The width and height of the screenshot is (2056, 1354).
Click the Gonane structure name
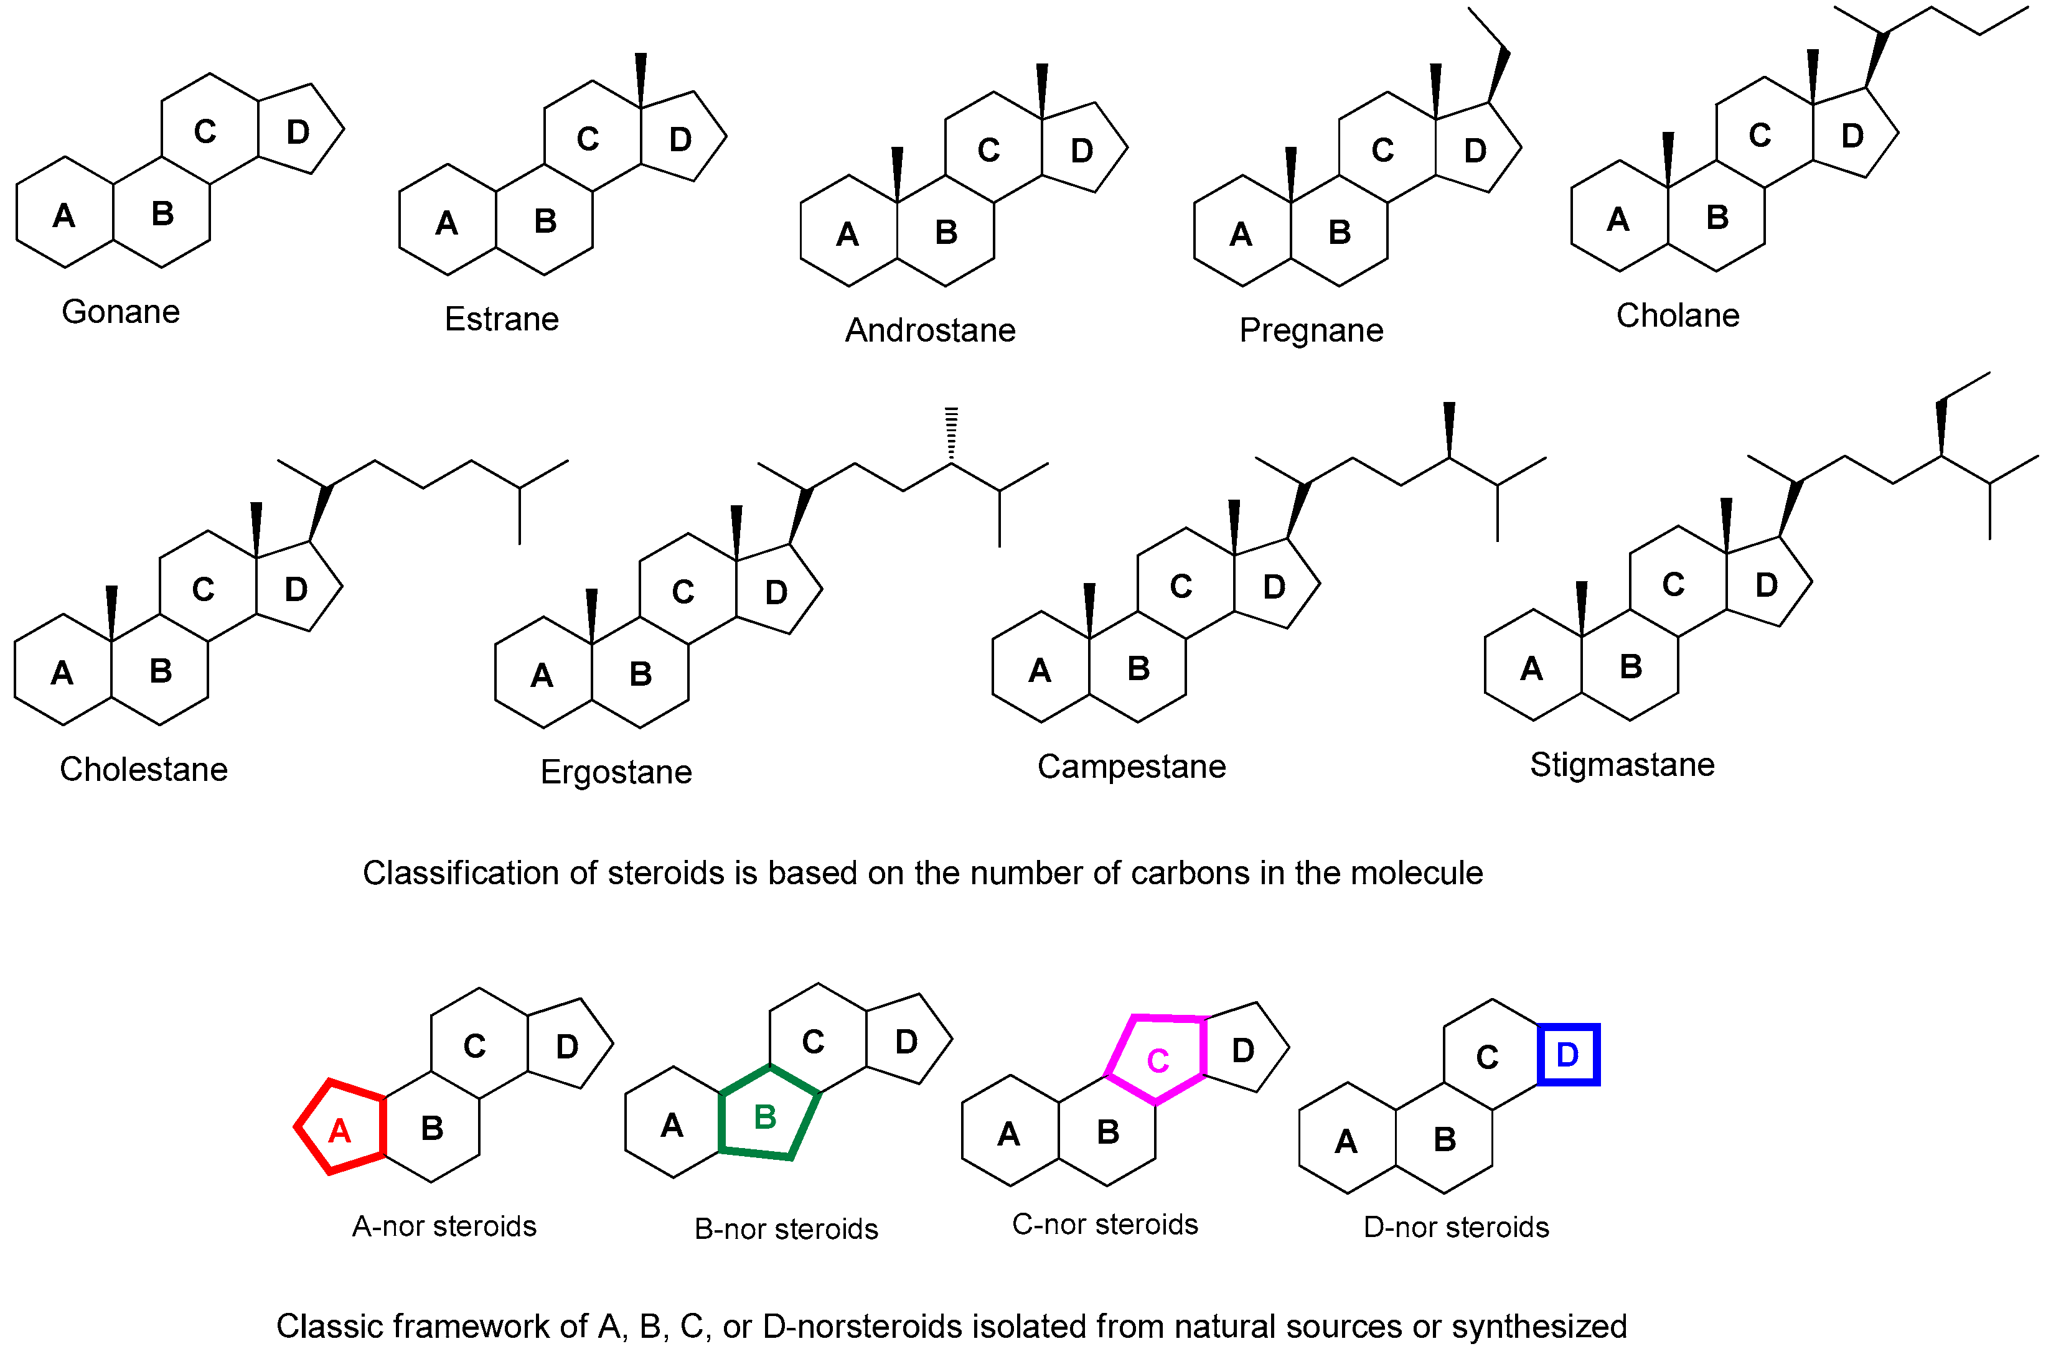tap(120, 312)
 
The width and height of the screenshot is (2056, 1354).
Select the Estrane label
tap(501, 319)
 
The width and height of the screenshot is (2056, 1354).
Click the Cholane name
tap(1677, 315)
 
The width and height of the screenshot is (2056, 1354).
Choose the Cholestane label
tap(143, 769)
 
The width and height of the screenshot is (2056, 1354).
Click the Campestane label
tap(1131, 767)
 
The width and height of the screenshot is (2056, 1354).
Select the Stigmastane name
tap(1622, 765)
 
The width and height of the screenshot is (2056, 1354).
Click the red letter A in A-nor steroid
tap(339, 1131)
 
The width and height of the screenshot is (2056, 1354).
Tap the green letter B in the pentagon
tap(764, 1118)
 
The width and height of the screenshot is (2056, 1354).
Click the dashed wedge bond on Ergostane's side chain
tap(951, 434)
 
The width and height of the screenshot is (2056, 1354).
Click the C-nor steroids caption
tap(1104, 1225)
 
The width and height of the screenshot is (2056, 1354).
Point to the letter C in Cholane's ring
tap(1759, 136)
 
